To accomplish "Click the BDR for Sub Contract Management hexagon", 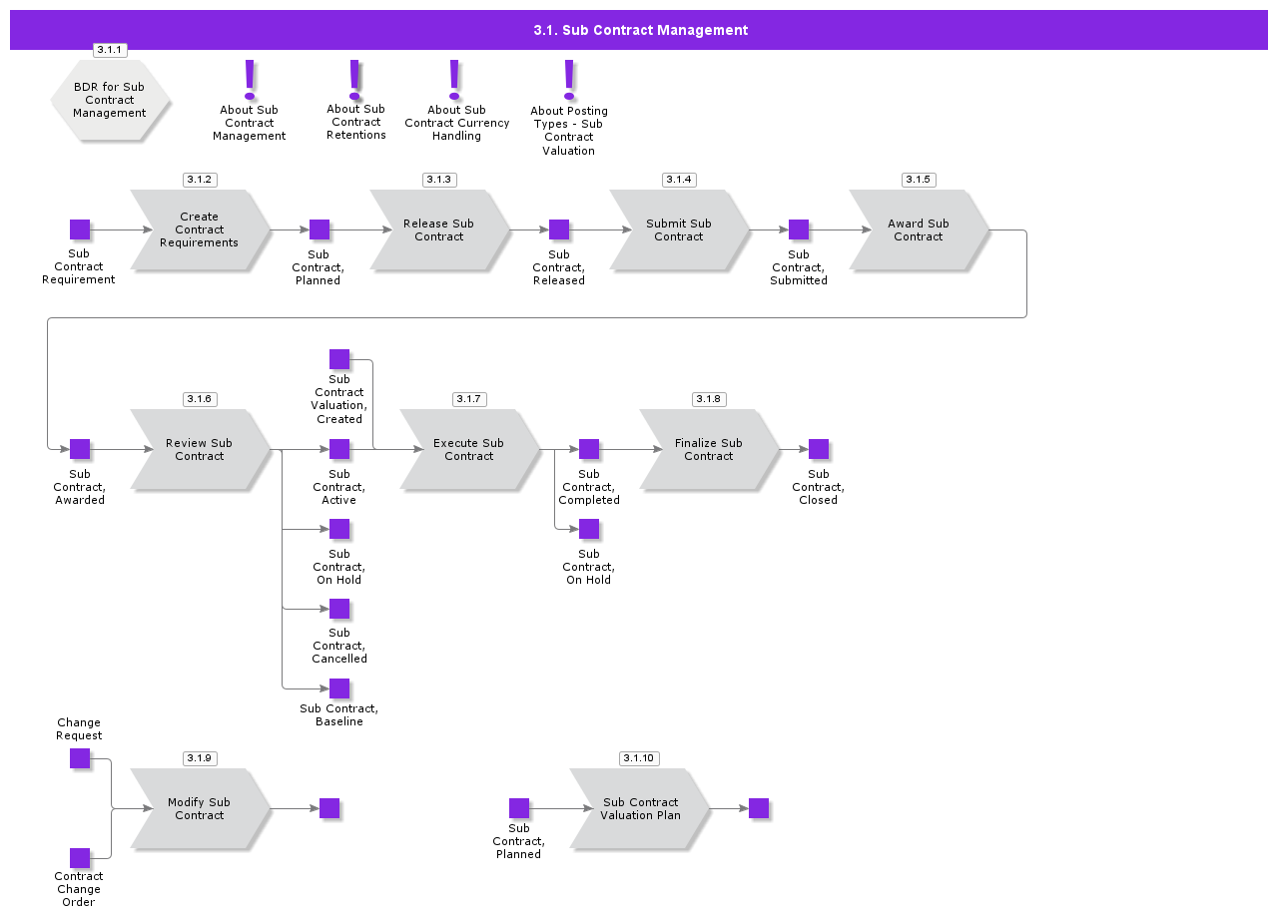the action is coord(110,100).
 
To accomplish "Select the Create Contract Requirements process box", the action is coord(200,229).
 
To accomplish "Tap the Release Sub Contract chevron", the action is coord(439,229).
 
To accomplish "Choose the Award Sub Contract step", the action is coord(919,229).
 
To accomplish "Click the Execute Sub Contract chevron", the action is coord(469,449).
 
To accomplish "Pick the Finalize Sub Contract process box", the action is coord(709,449).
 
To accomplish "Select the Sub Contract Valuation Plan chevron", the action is coord(640,808).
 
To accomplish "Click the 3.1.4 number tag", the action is coord(679,180).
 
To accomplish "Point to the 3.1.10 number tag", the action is coord(639,758).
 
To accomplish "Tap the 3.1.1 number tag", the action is coord(110,50).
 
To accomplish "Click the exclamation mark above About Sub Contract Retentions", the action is coord(354,81).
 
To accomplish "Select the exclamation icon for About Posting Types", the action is coord(569,81).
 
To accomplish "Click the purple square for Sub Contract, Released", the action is coord(559,229).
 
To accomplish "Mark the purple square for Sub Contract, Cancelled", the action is coord(339,609).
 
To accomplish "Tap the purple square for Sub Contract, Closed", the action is coord(819,449).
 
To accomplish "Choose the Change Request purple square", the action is coord(80,759).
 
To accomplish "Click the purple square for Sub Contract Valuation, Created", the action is coord(339,360).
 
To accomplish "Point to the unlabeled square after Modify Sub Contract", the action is coord(329,808).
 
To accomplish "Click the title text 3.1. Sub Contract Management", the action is coord(640,30).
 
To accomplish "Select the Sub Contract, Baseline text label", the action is coord(338,715).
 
